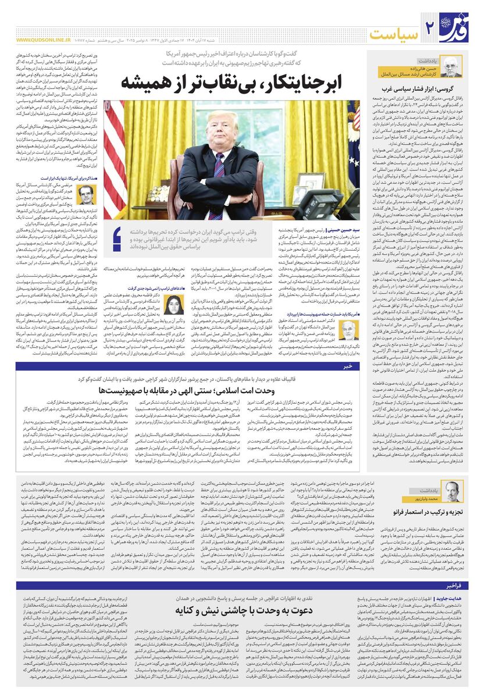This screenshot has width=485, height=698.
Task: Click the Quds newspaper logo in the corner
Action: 462,26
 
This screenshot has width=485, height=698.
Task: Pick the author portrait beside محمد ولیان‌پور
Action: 451,489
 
